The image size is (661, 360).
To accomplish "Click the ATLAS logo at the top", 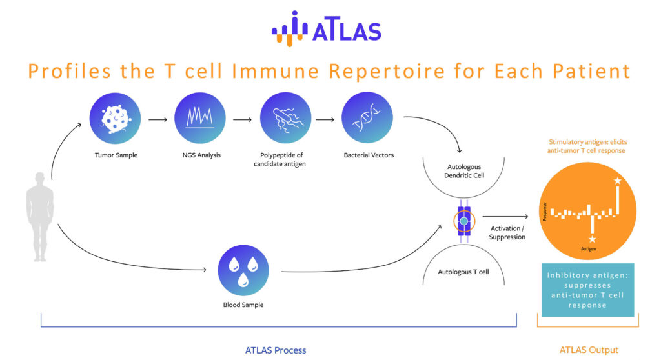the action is pyautogui.click(x=326, y=28).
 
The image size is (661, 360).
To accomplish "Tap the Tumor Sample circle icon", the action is pyautogui.click(x=115, y=118).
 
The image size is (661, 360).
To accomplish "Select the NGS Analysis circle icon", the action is pyautogui.click(x=200, y=118).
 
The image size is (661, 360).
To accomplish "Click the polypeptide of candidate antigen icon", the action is pyautogui.click(x=285, y=118).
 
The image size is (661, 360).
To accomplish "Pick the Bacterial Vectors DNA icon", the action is pyautogui.click(x=367, y=117).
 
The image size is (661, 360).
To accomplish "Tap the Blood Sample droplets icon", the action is pyautogui.click(x=243, y=270).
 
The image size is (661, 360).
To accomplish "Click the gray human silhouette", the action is pyautogui.click(x=40, y=217).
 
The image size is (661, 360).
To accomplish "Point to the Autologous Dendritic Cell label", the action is pyautogui.click(x=464, y=171).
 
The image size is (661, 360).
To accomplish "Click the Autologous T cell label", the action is pyautogui.click(x=463, y=272).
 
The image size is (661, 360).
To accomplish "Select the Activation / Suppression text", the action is pyautogui.click(x=507, y=233).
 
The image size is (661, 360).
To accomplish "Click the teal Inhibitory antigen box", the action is pyautogui.click(x=587, y=290).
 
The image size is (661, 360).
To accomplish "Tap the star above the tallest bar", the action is pyautogui.click(x=618, y=181).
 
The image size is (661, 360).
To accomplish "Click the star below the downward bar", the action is pyautogui.click(x=593, y=239).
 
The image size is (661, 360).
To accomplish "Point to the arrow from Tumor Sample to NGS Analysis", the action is pyautogui.click(x=158, y=120).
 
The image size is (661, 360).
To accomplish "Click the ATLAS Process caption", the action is pyautogui.click(x=276, y=350).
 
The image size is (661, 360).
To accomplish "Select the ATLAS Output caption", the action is pyautogui.click(x=589, y=350).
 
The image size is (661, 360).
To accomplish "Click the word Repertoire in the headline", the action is pyautogui.click(x=387, y=71).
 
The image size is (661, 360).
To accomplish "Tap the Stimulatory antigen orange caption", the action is pyautogui.click(x=587, y=146).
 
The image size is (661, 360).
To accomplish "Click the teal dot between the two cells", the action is pyautogui.click(x=464, y=221).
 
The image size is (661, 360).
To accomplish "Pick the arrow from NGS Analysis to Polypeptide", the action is pyautogui.click(x=243, y=120).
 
